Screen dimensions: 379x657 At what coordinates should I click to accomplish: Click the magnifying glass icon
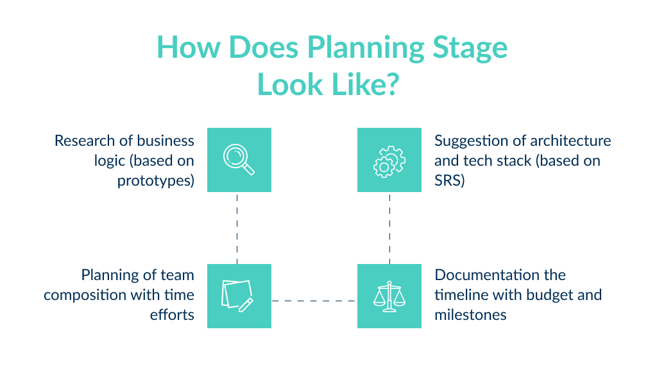coord(239,159)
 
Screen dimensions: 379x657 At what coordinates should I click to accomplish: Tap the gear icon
coord(389,161)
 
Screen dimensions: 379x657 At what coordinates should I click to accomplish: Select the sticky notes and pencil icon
coord(238,296)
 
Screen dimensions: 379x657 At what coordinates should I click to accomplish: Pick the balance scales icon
coord(389,296)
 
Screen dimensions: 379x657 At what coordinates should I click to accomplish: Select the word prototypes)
coord(155,180)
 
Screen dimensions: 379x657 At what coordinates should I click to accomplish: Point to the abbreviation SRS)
coord(450,180)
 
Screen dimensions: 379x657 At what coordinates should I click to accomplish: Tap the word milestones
coord(470,315)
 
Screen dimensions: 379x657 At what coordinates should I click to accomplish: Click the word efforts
coord(172,315)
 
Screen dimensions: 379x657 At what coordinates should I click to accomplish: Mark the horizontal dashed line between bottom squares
coord(314,300)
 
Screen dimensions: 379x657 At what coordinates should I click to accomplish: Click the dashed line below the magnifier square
coord(237,227)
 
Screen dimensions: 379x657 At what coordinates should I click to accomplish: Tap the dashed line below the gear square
coord(389,227)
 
